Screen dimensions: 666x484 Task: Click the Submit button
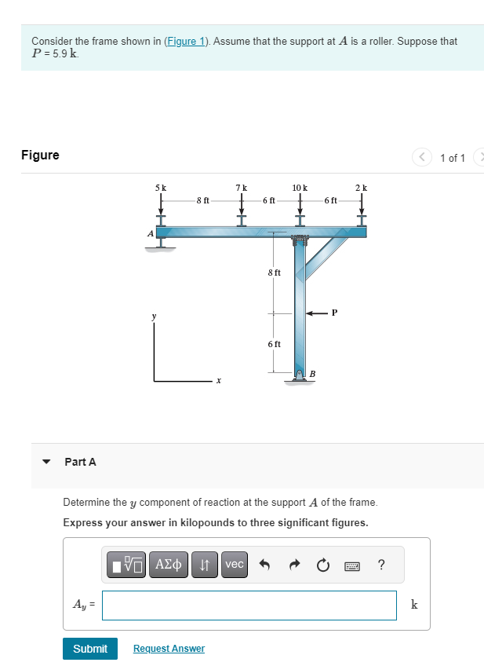pos(90,648)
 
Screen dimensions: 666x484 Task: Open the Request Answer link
pos(169,649)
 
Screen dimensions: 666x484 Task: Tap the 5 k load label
pos(161,188)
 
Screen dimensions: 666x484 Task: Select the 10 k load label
pos(300,188)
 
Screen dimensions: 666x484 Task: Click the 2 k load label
pos(361,188)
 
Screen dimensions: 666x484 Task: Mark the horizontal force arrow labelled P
pos(317,313)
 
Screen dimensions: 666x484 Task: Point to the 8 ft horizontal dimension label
pos(202,200)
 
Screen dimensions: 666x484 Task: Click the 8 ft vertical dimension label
pos(274,273)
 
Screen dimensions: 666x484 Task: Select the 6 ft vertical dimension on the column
pos(274,344)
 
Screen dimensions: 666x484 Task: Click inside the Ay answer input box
pos(249,605)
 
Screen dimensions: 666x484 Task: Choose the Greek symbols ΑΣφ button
pos(168,564)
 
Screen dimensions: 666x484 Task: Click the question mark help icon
pos(381,564)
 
